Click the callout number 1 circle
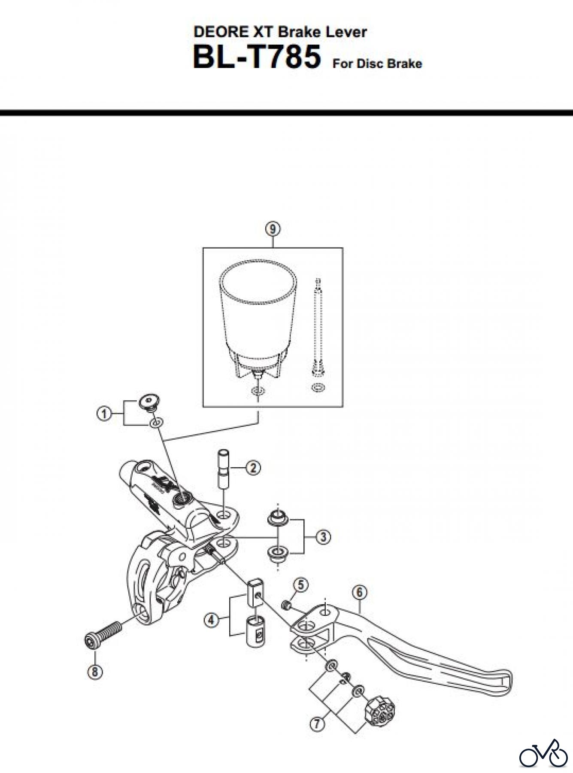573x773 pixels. click(x=103, y=414)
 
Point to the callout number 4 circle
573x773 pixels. click(x=210, y=621)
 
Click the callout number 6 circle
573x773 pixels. click(x=359, y=593)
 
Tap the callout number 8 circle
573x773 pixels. click(x=94, y=672)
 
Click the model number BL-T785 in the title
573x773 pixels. click(x=257, y=58)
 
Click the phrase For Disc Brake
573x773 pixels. click(x=377, y=64)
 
